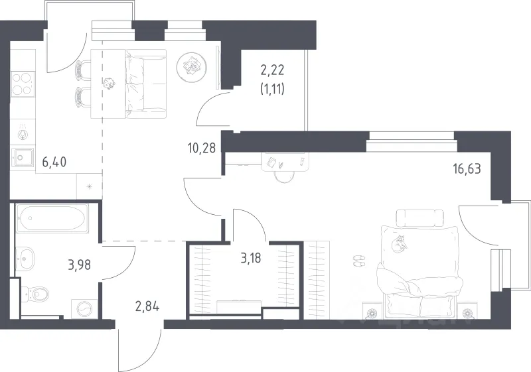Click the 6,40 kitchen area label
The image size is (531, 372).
(54, 162)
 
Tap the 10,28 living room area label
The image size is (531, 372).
(202, 148)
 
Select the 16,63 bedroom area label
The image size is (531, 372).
(467, 168)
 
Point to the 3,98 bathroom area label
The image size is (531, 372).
(79, 265)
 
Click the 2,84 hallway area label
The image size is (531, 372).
(147, 307)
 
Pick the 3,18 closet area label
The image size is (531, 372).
(251, 259)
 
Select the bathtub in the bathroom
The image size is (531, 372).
(52, 218)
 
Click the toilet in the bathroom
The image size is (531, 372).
(35, 293)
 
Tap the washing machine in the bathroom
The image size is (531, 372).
(85, 308)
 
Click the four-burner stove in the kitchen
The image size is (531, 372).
(23, 85)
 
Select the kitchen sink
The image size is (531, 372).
(23, 158)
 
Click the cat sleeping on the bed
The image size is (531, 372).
(399, 243)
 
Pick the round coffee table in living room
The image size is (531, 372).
(192, 67)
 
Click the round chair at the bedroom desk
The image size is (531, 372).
(284, 176)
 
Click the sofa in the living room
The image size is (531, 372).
(145, 84)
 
